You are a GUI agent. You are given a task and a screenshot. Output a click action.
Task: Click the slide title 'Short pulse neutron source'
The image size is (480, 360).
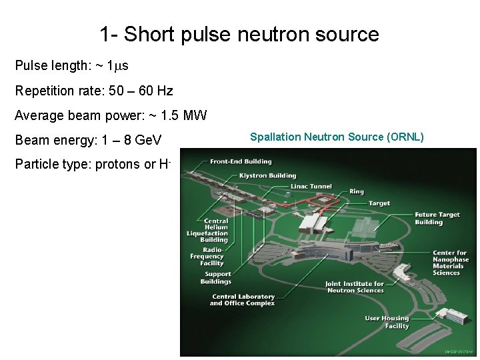(x=239, y=34)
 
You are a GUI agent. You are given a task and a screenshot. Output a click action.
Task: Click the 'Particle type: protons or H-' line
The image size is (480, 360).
(x=93, y=165)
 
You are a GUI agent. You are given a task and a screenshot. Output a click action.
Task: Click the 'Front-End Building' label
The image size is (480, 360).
(x=240, y=162)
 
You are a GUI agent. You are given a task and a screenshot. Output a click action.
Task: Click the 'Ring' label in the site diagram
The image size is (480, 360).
(x=357, y=192)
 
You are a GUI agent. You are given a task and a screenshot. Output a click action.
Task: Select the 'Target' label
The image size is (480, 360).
(x=379, y=203)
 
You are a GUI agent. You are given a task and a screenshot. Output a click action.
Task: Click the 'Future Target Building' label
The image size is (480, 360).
(x=437, y=218)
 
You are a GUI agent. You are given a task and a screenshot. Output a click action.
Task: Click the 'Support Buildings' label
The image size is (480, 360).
(x=217, y=277)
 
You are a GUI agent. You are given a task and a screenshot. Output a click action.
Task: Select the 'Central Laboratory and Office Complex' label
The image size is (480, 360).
(x=243, y=299)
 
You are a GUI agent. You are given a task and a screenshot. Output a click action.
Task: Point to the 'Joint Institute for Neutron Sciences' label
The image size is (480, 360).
(x=355, y=287)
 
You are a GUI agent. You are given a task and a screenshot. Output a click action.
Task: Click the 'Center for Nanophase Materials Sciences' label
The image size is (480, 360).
(x=450, y=262)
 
